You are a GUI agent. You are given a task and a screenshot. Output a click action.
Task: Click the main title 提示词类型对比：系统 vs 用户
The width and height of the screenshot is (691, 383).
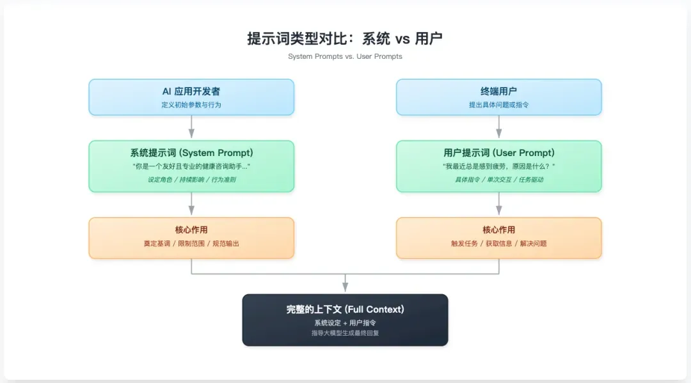345,38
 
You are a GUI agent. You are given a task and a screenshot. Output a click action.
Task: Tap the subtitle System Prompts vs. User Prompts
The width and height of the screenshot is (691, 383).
345,56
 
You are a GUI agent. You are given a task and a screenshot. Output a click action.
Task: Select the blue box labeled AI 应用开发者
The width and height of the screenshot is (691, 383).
191,97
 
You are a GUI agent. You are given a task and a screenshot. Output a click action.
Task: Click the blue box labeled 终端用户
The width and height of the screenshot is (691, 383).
499,97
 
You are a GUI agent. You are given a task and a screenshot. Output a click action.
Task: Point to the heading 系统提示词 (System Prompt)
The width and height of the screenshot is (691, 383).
191,153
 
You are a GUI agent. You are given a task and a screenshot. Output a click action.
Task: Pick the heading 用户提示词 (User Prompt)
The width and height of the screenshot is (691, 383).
499,153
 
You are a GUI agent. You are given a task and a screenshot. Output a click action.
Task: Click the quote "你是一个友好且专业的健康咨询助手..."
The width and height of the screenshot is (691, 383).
191,166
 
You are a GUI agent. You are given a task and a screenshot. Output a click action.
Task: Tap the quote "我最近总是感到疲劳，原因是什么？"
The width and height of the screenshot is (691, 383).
499,166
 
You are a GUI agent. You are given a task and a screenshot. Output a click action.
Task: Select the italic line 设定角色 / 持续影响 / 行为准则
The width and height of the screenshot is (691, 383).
191,180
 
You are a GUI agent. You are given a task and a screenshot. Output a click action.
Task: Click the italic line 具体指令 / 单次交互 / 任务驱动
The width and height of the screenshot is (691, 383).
499,180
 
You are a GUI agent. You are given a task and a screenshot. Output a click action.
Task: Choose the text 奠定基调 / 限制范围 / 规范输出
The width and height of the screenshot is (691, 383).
191,244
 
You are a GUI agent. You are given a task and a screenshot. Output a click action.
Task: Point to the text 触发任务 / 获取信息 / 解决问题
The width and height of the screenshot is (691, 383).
499,244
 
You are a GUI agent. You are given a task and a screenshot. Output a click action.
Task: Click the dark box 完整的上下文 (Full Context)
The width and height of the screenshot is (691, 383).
345,320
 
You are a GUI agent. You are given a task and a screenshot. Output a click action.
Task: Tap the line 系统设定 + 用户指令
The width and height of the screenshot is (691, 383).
345,323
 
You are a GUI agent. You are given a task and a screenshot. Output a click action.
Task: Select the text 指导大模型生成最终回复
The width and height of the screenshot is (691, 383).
345,333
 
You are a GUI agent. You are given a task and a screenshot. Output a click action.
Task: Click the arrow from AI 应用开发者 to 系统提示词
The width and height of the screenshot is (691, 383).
191,127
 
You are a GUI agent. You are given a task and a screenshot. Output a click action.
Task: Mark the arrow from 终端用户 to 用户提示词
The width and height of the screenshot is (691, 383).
499,127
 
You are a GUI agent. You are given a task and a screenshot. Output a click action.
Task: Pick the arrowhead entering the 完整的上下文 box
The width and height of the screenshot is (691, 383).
345,288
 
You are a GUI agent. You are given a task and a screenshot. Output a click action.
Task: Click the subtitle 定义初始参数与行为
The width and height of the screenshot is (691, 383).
191,104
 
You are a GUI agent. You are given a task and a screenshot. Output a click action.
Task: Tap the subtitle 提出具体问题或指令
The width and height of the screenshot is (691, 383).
499,104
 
